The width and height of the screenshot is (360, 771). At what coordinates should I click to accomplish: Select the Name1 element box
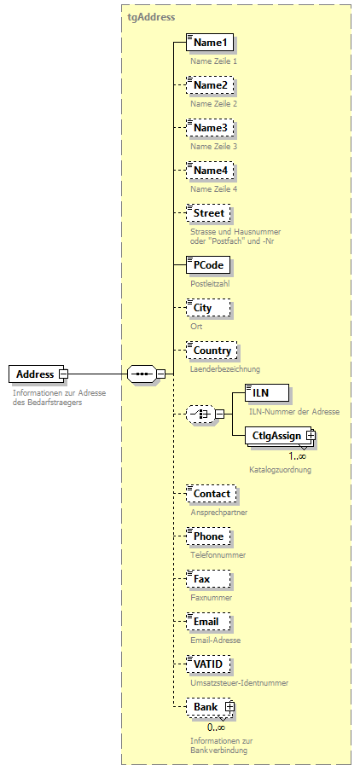pos(210,43)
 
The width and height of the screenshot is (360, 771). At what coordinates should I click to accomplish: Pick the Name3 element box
pos(210,128)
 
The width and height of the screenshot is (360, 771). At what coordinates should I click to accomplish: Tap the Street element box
pos(209,213)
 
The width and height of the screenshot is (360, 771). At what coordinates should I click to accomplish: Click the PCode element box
pos(208,265)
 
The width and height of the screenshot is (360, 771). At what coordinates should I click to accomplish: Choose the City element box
pos(203,308)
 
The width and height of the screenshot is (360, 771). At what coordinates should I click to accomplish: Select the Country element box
pos(212,351)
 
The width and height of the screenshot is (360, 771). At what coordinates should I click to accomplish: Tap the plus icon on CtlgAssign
pos(311,436)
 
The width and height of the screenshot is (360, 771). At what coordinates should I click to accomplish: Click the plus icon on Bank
pos(229,707)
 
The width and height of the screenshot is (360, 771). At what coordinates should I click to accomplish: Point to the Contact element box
pos(212,494)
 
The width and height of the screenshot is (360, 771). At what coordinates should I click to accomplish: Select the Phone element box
pos(208,536)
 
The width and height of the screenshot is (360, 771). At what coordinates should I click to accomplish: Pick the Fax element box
pos(203,579)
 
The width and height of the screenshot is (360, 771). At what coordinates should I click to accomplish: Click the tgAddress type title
pos(152,16)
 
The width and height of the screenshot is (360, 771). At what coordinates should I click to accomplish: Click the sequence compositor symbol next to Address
pos(141,374)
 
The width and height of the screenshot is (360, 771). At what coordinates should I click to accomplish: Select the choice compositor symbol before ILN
pos(199,414)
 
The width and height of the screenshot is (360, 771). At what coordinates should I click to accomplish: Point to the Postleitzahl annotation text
pos(210,283)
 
